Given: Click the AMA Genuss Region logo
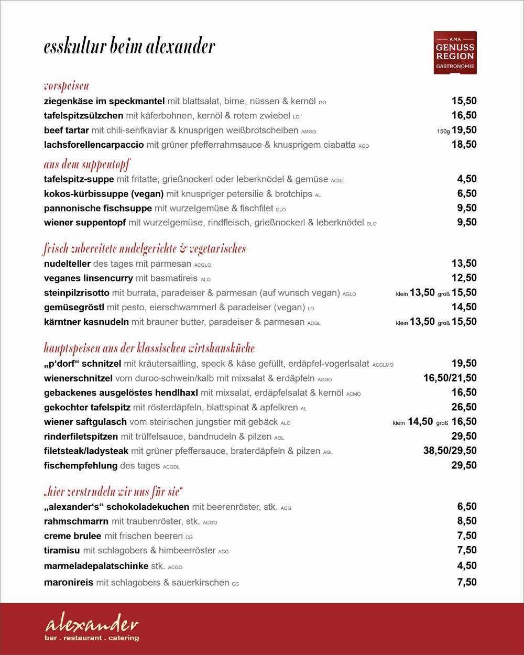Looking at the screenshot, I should tap(455, 52).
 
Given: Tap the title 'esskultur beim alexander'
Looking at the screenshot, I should tap(129, 47).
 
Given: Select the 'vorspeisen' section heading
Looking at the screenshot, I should tap(67, 86).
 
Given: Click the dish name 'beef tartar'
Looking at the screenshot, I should tap(67, 130).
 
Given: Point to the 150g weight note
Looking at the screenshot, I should tap(443, 132).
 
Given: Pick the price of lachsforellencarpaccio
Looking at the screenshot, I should tap(464, 145).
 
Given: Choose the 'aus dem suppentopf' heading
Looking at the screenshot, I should tap(87, 165).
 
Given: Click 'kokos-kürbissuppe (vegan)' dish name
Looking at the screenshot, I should tap(104, 194).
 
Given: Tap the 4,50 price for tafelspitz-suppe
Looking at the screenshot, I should tap(467, 179).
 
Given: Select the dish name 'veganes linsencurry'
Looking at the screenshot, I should tap(89, 278).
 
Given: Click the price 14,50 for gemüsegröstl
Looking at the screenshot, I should tap(464, 307).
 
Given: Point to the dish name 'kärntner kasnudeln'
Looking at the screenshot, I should tap(86, 322).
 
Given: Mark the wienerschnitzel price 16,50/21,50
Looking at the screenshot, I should tap(450, 378).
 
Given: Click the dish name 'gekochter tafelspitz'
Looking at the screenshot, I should tap(87, 407).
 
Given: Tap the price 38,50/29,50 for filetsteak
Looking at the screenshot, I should tap(450, 451).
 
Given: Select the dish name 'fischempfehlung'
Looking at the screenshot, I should tap(81, 465).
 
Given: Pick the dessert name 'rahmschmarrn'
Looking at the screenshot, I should tap(77, 521).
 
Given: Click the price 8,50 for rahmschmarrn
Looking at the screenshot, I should tap(467, 521).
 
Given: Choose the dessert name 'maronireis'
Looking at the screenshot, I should tap(69, 582).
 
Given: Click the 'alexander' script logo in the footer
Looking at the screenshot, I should tap(92, 625).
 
